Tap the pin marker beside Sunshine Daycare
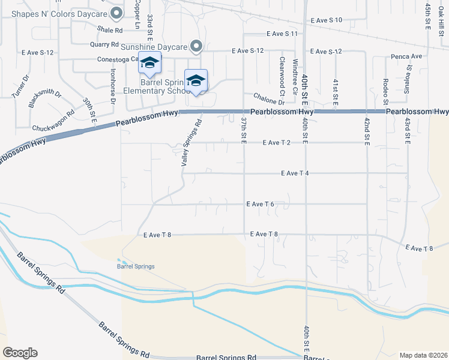(x=196, y=46)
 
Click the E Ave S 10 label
(x=327, y=20)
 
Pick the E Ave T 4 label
(x=294, y=173)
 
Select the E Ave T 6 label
(x=260, y=204)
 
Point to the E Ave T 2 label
(x=276, y=143)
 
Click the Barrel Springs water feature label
(x=136, y=266)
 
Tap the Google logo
(x=20, y=353)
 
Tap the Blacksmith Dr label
(x=45, y=98)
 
